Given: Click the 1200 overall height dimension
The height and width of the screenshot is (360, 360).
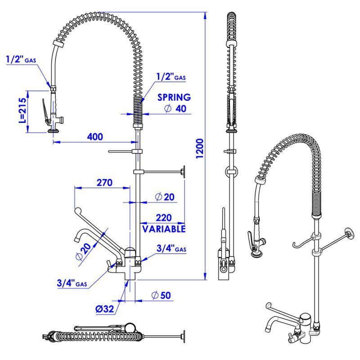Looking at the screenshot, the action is (200, 148).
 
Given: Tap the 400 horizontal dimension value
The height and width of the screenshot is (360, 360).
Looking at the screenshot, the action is (95, 137).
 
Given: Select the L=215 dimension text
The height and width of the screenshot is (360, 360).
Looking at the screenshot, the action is (22, 110).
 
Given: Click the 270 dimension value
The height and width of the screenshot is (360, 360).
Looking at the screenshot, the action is (104, 183).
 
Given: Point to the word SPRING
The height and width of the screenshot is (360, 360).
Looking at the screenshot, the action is (174, 97).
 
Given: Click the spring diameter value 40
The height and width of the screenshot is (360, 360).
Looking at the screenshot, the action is (181, 108).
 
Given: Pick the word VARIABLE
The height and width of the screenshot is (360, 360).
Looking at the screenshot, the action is (164, 229).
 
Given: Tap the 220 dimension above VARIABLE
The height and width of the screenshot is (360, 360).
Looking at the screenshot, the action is (164, 218).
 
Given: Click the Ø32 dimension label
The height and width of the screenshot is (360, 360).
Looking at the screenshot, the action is (105, 309).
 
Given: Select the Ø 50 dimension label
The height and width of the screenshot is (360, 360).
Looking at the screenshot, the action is (162, 295).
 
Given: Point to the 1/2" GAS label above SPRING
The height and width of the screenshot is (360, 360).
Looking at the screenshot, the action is (171, 76).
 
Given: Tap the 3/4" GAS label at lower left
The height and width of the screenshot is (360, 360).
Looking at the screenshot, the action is (72, 283).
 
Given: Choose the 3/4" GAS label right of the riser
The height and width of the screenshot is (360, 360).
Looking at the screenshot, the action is (171, 248).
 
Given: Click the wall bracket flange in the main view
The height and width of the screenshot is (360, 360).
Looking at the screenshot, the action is (184, 172).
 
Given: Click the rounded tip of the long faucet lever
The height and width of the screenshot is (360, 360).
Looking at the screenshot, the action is (78, 211).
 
